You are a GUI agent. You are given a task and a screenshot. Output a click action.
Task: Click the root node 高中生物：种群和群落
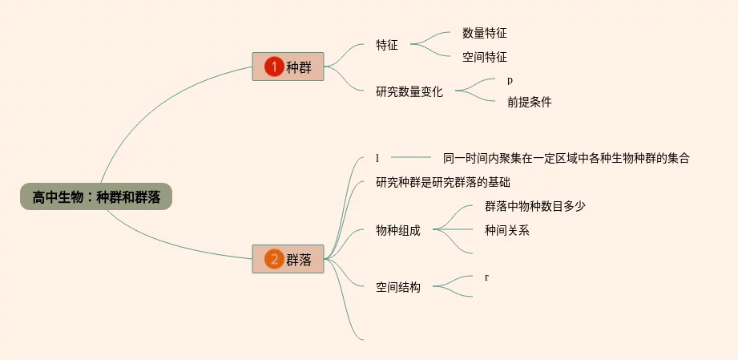pyautogui.click(x=96, y=197)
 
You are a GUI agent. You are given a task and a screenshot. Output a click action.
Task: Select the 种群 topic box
pyautogui.click(x=288, y=67)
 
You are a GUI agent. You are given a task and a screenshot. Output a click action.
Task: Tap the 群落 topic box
pyautogui.click(x=288, y=259)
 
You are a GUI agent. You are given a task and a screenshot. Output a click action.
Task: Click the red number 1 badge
pyautogui.click(x=274, y=67)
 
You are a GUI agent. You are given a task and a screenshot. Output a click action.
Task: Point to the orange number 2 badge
pyautogui.click(x=274, y=259)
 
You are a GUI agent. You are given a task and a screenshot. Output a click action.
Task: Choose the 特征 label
pyautogui.click(x=387, y=46)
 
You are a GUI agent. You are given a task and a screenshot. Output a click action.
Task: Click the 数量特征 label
pyautogui.click(x=484, y=34)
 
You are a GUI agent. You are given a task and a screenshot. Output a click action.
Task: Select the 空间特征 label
pyautogui.click(x=484, y=58)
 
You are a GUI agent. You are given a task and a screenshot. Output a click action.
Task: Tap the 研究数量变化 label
pyautogui.click(x=409, y=91)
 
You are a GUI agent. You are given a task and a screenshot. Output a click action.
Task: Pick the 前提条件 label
pyautogui.click(x=529, y=103)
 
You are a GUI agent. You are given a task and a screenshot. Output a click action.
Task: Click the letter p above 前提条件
pyautogui.click(x=510, y=80)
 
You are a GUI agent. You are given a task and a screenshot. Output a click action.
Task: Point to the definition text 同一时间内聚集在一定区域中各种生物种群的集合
pyautogui.click(x=566, y=158)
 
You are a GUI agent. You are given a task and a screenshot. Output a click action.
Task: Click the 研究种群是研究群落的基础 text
pyautogui.click(x=442, y=182)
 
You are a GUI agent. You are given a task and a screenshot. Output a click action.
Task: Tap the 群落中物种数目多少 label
pyautogui.click(x=534, y=206)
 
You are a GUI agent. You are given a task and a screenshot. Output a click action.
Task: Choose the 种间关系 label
pyautogui.click(x=506, y=230)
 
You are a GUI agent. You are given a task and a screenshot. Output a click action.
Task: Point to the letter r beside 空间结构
pyautogui.click(x=486, y=277)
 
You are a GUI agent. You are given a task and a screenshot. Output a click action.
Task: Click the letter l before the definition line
pyautogui.click(x=377, y=158)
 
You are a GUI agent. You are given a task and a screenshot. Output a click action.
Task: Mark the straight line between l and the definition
pyautogui.click(x=410, y=157)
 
